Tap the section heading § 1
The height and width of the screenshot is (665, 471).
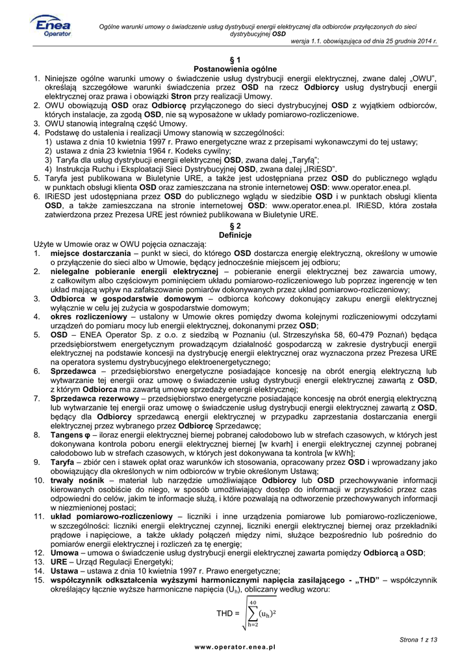235,60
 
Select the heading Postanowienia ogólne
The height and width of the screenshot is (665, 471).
235,69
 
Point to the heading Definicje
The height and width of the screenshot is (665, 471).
235,234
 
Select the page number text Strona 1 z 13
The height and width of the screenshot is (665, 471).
418,640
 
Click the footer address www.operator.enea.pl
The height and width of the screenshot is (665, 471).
235,647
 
